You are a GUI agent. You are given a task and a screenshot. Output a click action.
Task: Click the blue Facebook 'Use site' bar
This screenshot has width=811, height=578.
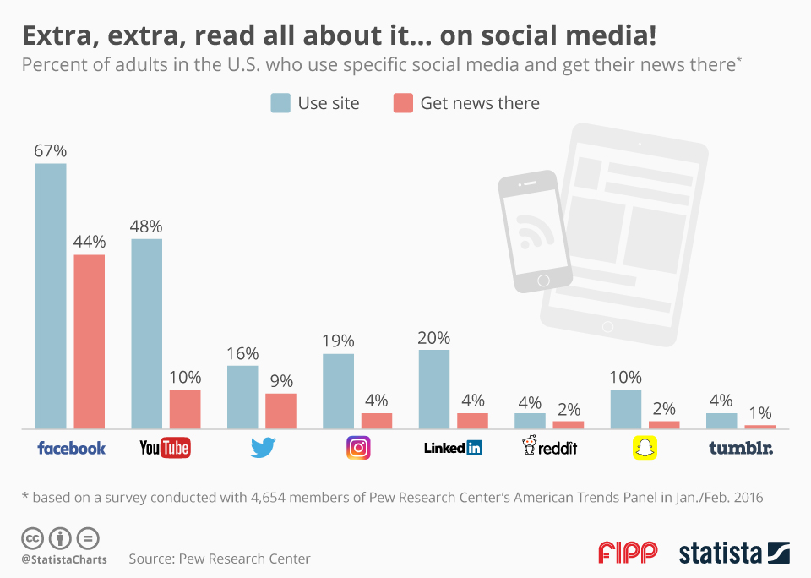[x=51, y=296]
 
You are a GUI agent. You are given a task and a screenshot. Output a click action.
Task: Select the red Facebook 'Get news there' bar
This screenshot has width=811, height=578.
[x=90, y=341]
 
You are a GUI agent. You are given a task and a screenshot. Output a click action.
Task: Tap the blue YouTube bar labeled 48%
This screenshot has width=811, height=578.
[x=146, y=334]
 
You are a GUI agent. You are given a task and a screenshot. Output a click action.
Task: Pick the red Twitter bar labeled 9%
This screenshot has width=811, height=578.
[x=280, y=411]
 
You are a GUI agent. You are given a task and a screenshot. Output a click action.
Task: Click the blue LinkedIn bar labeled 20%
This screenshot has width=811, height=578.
[x=433, y=389]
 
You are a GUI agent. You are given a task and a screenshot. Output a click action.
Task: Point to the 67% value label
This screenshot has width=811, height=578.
[x=51, y=150]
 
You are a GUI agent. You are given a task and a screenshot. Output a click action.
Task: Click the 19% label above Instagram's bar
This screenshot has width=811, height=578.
[x=338, y=341]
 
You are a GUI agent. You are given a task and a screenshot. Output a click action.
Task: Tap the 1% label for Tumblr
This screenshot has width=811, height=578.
[x=760, y=413]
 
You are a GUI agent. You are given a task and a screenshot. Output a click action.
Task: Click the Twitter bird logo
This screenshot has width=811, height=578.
[x=264, y=448]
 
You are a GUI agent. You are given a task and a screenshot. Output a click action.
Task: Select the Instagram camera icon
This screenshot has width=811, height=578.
[x=359, y=447]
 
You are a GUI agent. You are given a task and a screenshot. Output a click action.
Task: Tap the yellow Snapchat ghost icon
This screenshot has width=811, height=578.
[x=645, y=448]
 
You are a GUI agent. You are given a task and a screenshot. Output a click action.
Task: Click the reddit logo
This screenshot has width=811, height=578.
[x=550, y=447]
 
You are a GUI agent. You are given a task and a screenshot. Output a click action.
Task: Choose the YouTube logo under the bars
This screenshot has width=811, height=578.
[x=165, y=448]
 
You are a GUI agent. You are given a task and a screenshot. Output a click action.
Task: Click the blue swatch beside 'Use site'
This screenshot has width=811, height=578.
[x=280, y=103]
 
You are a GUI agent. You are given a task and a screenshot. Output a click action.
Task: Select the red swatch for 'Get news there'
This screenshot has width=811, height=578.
[x=403, y=103]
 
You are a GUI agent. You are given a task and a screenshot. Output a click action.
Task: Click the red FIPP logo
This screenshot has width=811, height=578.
[x=628, y=553]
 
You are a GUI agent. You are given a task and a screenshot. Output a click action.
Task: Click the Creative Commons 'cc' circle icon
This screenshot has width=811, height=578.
[x=32, y=538]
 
